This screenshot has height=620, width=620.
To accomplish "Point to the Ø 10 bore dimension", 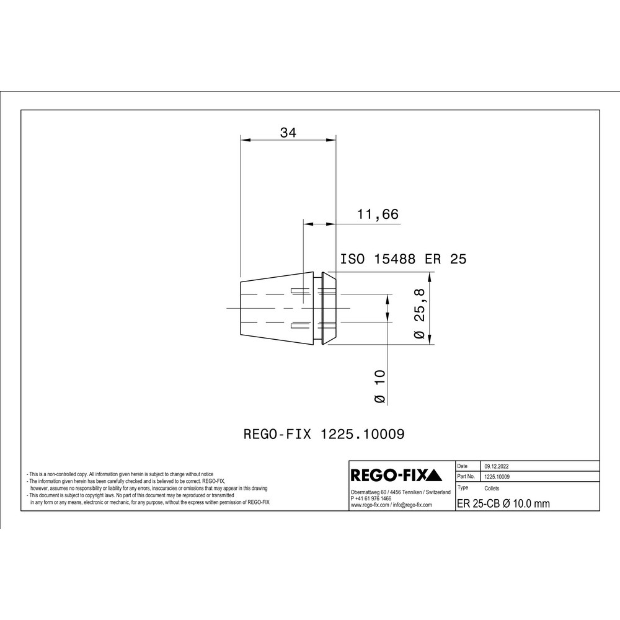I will (x=379, y=387).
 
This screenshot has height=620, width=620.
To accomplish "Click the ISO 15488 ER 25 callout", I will (x=404, y=259).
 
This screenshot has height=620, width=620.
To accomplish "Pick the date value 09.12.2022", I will (x=497, y=466).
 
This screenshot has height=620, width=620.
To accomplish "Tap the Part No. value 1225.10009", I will (x=497, y=477).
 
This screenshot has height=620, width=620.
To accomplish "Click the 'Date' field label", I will (x=463, y=466).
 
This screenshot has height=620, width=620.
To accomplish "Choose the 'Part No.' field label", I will (x=466, y=477).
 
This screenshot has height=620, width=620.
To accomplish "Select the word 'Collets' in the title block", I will (x=491, y=489).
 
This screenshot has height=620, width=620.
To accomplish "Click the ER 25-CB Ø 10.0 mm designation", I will (x=503, y=503).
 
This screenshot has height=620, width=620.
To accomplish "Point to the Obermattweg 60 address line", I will (x=400, y=492).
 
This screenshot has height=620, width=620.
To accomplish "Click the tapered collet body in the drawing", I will (x=276, y=308).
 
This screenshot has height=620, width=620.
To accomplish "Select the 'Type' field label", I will (x=463, y=488).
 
